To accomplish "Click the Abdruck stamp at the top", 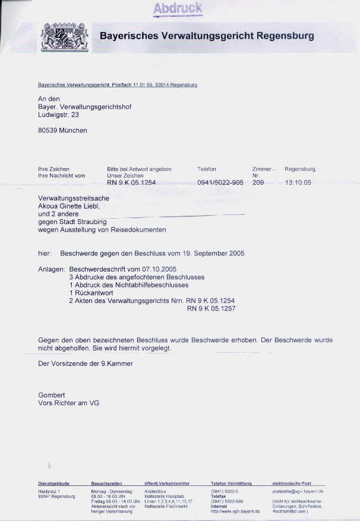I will (x=178, y=8).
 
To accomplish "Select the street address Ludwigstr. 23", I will (x=58, y=115).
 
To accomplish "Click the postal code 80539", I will (x=48, y=130).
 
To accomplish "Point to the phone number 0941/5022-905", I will (x=220, y=183).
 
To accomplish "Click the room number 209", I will (x=258, y=183).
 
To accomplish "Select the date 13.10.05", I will (x=298, y=183).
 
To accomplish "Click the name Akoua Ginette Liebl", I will (x=69, y=206).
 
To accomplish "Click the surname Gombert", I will (x=52, y=395).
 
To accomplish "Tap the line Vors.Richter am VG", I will (x=68, y=403).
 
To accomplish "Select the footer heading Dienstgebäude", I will (x=54, y=484).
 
